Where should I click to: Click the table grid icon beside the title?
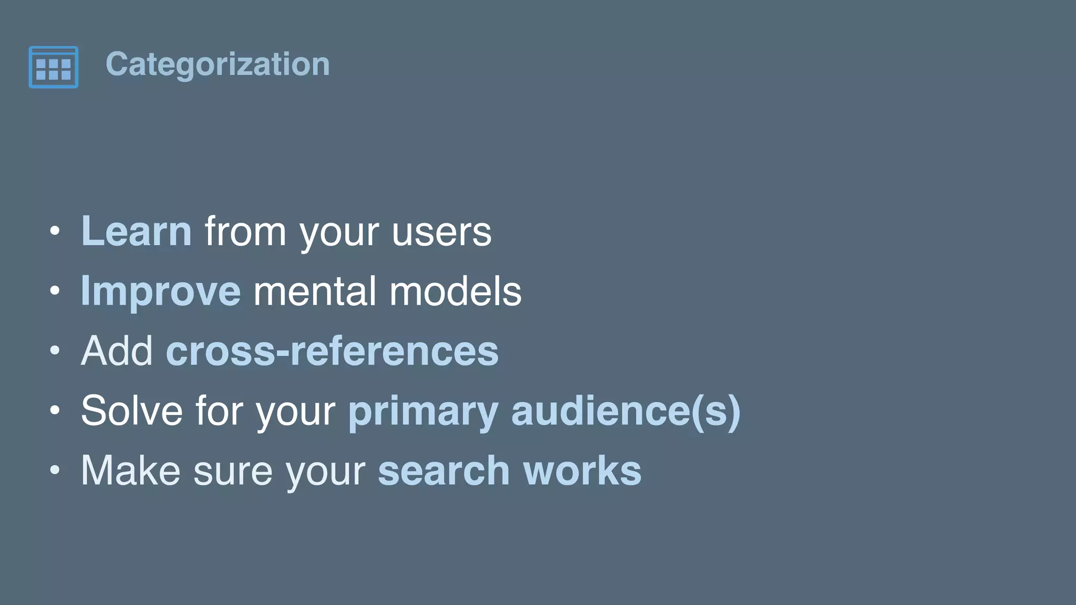coord(54,67)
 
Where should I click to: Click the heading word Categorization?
coord(218,64)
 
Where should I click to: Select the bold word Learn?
coord(137,231)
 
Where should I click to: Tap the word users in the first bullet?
coord(441,232)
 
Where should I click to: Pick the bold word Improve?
coord(161,291)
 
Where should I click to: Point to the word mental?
coord(314,291)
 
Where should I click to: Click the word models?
coord(455,291)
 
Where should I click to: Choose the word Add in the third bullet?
coord(117,351)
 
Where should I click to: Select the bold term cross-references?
coord(332,351)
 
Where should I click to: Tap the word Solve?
coord(132,410)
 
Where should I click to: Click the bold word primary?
coord(423,411)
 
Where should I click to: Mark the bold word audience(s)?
coord(626,411)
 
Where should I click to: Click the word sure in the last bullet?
coord(233,471)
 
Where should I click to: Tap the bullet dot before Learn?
coord(55,231)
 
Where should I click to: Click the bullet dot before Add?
coord(55,350)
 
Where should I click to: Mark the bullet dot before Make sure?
coord(55,470)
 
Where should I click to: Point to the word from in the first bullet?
coord(245,232)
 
